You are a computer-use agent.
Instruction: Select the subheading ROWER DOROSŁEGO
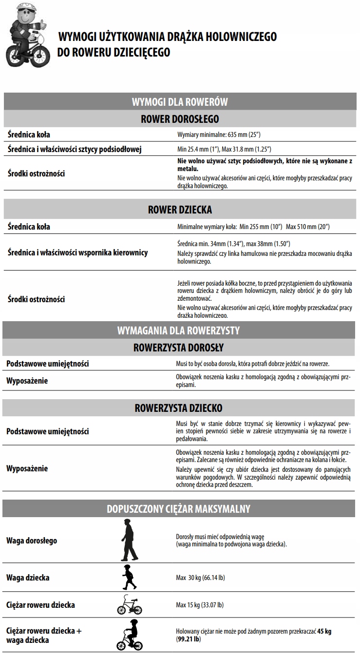tap(180, 119)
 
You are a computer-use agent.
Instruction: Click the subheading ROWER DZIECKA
tap(180, 210)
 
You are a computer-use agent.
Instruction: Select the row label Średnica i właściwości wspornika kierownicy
tap(78, 252)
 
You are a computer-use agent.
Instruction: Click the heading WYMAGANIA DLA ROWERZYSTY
tap(178, 330)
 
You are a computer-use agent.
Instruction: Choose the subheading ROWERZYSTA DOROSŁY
tap(178, 348)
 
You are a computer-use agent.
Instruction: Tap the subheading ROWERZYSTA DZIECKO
tap(178, 407)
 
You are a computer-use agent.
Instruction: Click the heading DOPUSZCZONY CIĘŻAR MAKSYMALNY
tap(178, 509)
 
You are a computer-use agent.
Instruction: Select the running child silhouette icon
tap(129, 578)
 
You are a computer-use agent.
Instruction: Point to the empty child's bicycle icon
tap(129, 605)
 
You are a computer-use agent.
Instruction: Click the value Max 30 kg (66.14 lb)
tap(200, 578)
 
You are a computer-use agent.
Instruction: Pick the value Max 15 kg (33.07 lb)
tap(200, 605)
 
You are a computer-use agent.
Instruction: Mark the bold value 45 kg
tap(324, 631)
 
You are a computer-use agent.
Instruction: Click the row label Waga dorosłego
tap(32, 541)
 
